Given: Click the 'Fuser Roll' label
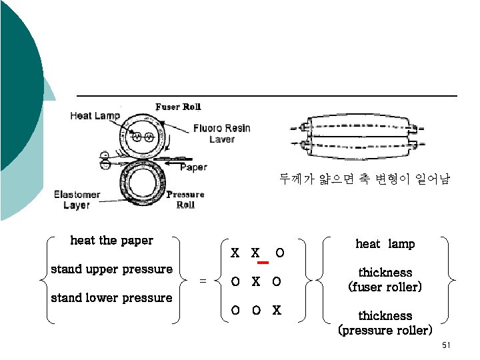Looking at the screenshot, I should pyautogui.click(x=178, y=107).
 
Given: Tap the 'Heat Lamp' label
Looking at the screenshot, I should pyautogui.click(x=95, y=116).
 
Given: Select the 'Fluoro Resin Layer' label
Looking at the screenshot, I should pyautogui.click(x=222, y=133).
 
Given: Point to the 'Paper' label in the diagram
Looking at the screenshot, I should pyautogui.click(x=193, y=167).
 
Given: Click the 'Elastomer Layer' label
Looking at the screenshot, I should pyautogui.click(x=77, y=199).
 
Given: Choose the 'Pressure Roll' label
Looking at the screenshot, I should pyautogui.click(x=185, y=199).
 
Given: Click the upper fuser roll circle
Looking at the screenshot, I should pyautogui.click(x=142, y=137).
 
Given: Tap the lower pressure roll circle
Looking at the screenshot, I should pyautogui.click(x=143, y=181).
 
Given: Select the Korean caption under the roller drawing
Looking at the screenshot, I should pyautogui.click(x=365, y=179).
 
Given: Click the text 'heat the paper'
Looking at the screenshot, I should pyautogui.click(x=111, y=241).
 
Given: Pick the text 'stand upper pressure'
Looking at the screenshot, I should pyautogui.click(x=111, y=269).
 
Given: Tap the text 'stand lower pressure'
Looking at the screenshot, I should pyautogui.click(x=111, y=298).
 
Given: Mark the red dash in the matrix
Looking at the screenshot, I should pyautogui.click(x=263, y=263).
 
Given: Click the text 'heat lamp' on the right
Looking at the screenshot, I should pyautogui.click(x=385, y=244).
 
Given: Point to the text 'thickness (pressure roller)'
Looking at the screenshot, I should pyautogui.click(x=385, y=323).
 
